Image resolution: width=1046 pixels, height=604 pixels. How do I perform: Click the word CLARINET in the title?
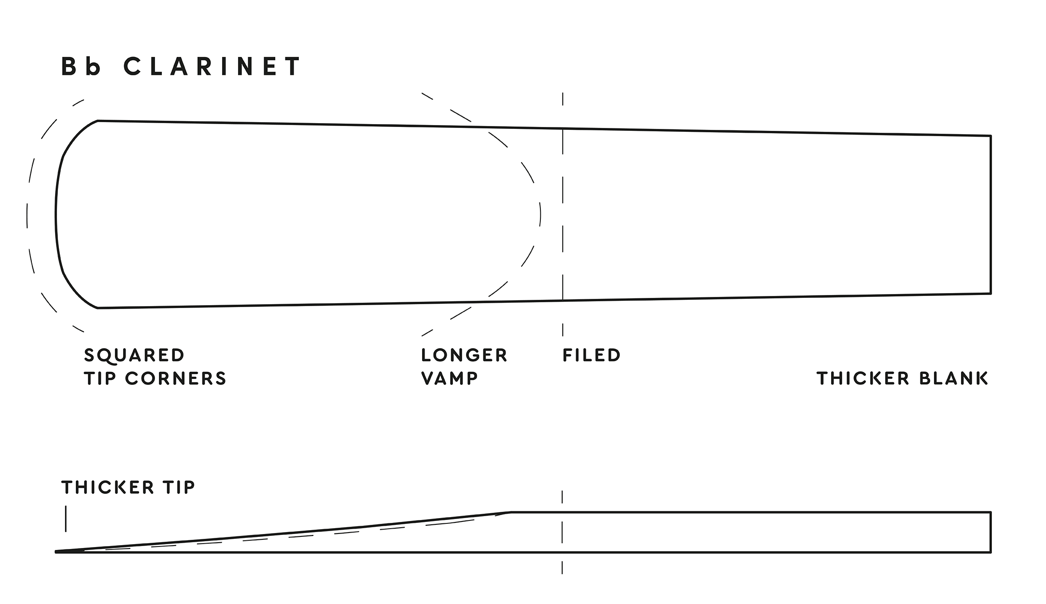point(212,67)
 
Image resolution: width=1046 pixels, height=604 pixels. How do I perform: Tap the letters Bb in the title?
point(81,67)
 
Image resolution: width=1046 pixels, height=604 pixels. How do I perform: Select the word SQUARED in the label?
point(134,355)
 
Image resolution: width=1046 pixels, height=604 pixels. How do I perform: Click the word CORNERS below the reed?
point(176,379)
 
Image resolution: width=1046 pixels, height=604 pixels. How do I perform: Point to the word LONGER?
point(464,355)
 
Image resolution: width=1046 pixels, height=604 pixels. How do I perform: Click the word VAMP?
point(450,379)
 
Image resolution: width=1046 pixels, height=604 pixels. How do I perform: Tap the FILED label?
point(592,355)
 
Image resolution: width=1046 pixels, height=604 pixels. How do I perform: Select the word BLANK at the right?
point(954,379)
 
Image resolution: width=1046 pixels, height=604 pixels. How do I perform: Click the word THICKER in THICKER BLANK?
point(863,379)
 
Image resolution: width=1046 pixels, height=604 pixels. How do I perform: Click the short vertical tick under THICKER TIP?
point(66,519)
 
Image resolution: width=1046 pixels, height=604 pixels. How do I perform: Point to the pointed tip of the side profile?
point(56,551)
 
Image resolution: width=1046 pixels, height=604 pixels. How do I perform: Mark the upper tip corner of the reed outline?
point(98,121)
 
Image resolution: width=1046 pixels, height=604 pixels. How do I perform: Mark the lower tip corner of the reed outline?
point(98,308)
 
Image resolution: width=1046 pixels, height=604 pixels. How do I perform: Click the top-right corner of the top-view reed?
point(991,136)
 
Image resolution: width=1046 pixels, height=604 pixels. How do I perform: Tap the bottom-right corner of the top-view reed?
point(991,293)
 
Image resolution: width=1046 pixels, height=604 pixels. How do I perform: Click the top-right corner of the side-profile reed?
point(991,512)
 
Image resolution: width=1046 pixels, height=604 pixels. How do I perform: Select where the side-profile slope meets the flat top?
point(510,512)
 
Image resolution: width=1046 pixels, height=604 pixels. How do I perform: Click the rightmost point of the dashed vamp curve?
point(540,214)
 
